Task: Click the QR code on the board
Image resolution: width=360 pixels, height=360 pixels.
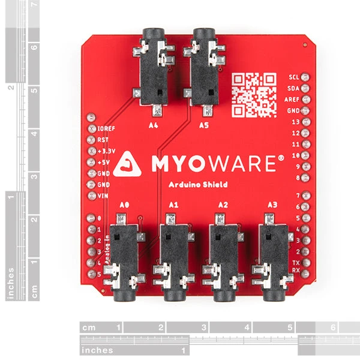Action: coord(254,94)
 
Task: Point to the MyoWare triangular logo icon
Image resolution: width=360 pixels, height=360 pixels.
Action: coord(127,163)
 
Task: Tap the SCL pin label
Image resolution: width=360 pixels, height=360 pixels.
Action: coord(294,77)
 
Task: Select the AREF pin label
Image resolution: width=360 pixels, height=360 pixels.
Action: coord(293,100)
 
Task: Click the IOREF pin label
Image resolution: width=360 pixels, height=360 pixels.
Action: coord(106,129)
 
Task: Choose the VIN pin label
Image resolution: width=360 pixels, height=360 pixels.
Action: coord(103,196)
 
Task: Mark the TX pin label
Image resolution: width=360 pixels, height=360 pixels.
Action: coord(295,263)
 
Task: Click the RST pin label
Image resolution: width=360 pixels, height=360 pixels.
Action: coord(103,140)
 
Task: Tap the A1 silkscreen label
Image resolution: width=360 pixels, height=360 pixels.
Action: coord(173,205)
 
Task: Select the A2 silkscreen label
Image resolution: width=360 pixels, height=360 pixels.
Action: coord(223,205)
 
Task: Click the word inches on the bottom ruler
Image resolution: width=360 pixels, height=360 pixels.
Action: coord(97,350)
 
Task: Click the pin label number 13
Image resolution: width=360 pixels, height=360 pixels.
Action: coord(295,122)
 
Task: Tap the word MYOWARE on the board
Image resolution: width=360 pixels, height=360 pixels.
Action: coord(214,163)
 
